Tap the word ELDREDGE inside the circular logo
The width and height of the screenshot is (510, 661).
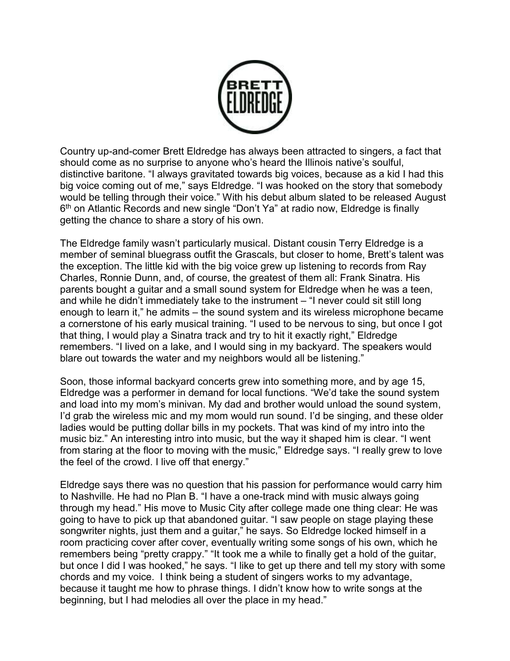point(255,102)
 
